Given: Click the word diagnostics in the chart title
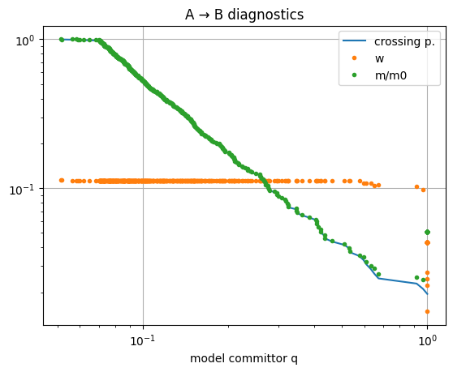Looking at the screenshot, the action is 265,15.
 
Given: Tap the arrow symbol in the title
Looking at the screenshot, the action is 204,15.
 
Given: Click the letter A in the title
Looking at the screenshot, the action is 189,15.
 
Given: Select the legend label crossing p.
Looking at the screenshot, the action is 404,42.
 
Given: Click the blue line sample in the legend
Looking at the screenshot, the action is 354,41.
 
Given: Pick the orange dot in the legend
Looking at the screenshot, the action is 354,58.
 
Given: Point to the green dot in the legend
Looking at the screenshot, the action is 354,75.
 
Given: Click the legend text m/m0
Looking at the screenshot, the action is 390,75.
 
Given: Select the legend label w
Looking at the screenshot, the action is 379,59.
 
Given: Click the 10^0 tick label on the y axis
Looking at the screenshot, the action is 25,41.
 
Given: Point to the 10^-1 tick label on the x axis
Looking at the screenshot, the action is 143,340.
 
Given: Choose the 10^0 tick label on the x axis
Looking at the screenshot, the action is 427,340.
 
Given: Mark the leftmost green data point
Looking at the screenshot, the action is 62,40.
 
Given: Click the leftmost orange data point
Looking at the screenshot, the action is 62,180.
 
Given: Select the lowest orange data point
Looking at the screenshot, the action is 428,311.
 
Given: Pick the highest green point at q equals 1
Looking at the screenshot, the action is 428,232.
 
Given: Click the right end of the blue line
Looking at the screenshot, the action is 428,294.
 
